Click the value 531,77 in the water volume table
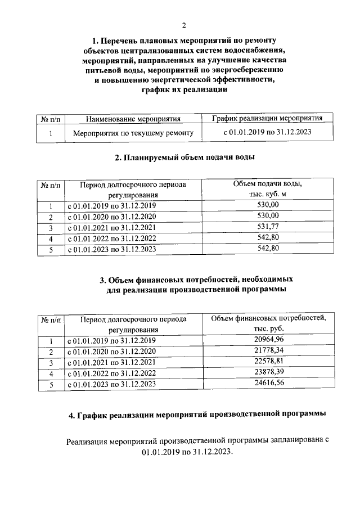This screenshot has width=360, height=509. pos(268,227)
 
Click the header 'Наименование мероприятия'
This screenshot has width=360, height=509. pos(133,119)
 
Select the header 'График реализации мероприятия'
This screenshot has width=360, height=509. pos(267,118)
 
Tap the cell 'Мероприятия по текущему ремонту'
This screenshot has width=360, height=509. pos(133,133)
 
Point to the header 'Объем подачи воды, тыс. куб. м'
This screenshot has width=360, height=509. pos(268,189)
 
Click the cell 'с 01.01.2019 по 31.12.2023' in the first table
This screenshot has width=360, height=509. pos(267,133)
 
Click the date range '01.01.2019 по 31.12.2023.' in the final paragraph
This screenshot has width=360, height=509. pos(187,452)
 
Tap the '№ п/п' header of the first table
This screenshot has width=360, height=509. pos(51,119)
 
